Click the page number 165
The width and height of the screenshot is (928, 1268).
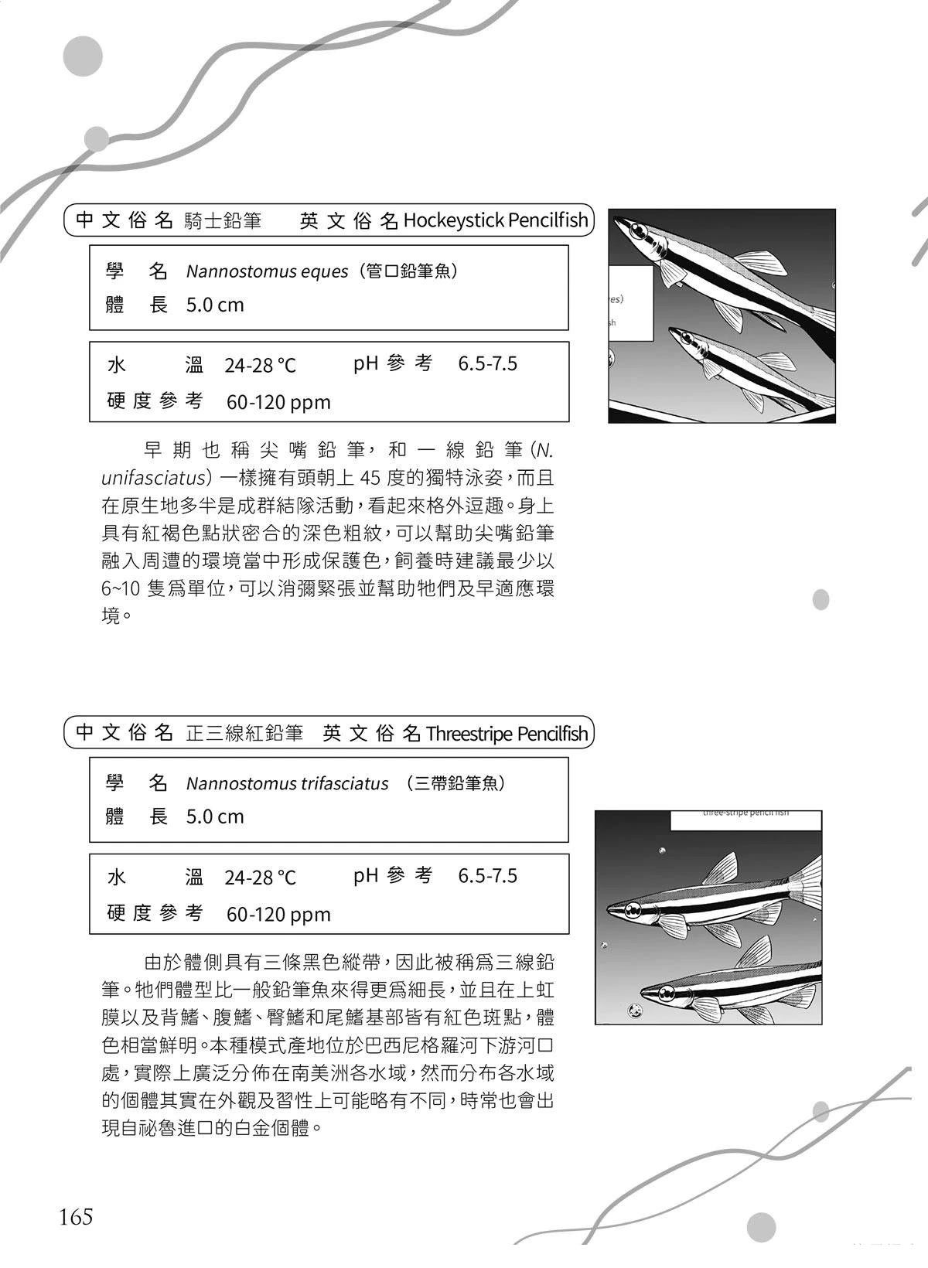(76, 1216)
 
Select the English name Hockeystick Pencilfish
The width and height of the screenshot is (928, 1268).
(496, 221)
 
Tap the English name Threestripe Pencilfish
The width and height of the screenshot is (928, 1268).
(507, 733)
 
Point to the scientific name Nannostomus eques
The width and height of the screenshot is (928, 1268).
(267, 272)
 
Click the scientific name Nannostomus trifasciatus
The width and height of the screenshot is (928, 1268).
(287, 784)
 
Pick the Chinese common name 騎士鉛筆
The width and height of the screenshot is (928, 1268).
(223, 221)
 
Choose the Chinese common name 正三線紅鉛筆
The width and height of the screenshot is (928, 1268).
(244, 733)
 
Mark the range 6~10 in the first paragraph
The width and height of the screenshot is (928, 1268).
(120, 588)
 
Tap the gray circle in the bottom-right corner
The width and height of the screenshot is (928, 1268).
(761, 1227)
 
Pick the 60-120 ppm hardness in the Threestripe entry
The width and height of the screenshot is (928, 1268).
(278, 915)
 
